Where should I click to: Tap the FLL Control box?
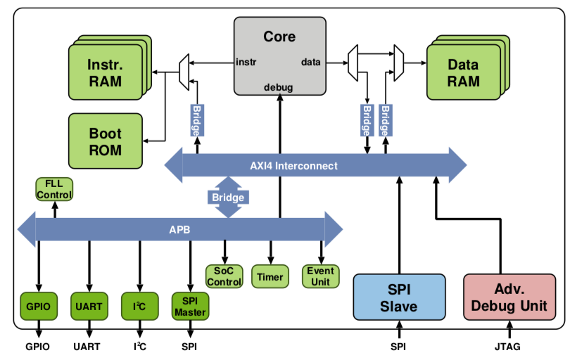(x=54, y=189)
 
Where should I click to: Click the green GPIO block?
(x=38, y=307)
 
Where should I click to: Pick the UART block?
(x=89, y=307)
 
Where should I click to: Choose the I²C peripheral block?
(x=139, y=307)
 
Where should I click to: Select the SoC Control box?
(x=224, y=276)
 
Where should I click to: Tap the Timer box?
(x=270, y=276)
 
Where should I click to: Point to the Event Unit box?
(x=321, y=276)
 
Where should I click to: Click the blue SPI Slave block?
(x=399, y=297)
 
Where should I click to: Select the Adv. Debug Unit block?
(x=509, y=297)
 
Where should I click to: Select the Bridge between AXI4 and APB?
(x=228, y=198)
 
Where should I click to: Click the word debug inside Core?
(x=279, y=87)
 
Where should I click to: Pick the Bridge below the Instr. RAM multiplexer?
(x=196, y=120)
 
